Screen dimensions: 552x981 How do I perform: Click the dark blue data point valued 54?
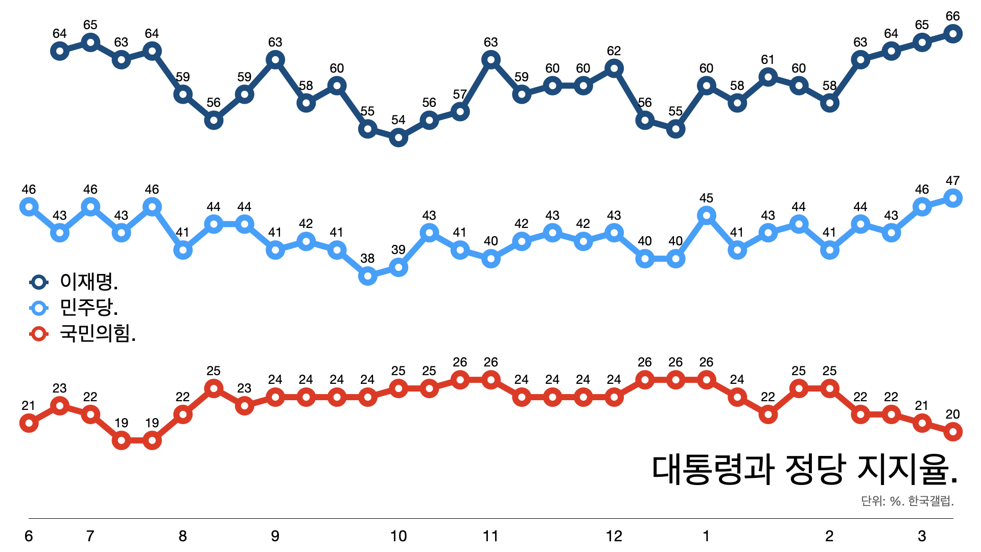coord(399,137)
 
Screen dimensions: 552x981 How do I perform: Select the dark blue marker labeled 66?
coord(953,34)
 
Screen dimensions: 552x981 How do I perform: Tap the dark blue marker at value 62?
coord(614,68)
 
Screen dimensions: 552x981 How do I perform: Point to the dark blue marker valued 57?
coord(460,111)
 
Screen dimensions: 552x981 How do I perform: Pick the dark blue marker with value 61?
coord(768,77)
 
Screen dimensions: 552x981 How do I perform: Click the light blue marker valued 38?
coord(368,276)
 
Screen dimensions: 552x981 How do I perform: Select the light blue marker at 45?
coord(706,216)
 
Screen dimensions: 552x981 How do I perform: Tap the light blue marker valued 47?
coord(953,198)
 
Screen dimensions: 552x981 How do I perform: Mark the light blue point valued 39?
coord(399,267)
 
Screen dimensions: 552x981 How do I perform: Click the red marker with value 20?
coord(953,432)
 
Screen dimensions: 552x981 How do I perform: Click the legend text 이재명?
coord(89,281)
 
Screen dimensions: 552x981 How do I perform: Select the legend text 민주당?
coord(89,307)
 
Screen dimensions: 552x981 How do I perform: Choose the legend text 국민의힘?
coord(98,334)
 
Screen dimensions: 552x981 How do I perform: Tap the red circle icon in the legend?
coord(39,334)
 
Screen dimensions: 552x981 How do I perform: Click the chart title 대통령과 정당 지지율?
coord(804,469)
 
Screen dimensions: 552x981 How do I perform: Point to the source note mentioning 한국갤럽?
coord(907,501)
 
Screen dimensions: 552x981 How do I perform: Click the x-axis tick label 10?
coord(399,536)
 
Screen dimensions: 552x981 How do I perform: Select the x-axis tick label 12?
coord(614,536)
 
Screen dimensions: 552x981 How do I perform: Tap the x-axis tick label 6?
coord(29,536)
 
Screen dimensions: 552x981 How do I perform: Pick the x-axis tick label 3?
coord(922,536)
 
